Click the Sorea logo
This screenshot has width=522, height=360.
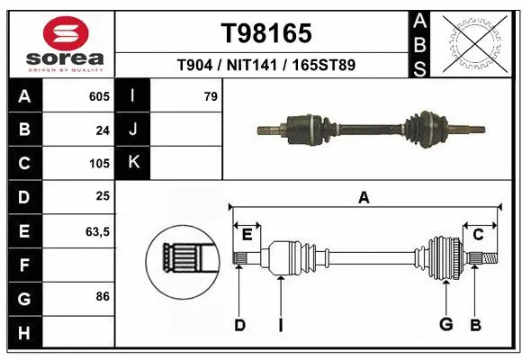(58, 42)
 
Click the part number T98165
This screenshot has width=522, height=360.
(266, 33)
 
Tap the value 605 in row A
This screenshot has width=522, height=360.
(99, 95)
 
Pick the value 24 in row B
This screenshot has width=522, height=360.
(103, 130)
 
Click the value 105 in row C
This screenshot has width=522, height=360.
(99, 164)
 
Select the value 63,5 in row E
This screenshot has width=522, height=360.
(97, 232)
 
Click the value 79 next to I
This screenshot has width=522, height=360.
(211, 95)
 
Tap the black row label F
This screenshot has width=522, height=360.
(23, 265)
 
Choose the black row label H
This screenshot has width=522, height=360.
(23, 334)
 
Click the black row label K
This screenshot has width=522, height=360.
(133, 163)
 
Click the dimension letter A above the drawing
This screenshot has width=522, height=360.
(364, 198)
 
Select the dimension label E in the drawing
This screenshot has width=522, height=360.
(247, 235)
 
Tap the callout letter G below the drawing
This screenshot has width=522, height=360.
(445, 325)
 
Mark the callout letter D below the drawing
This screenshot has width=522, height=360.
(239, 325)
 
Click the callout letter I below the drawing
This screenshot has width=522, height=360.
(281, 325)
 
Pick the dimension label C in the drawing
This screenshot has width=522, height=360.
(478, 235)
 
